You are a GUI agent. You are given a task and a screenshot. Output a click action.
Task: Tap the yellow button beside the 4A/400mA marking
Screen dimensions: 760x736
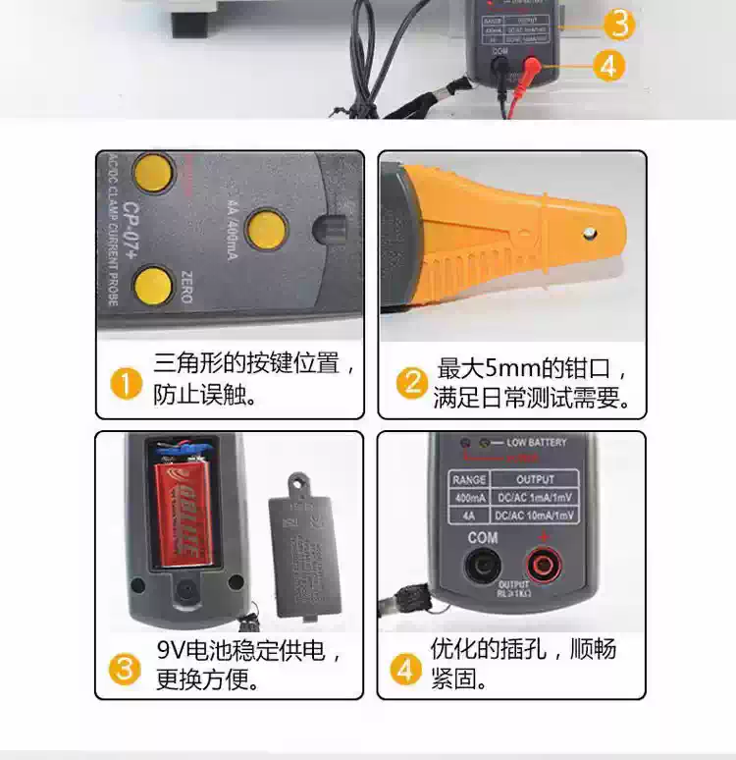[x=266, y=228]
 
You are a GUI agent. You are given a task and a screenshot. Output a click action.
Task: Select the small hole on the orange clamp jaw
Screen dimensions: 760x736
[x=589, y=233]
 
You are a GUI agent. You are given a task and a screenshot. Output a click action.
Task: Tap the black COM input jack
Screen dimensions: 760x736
[x=482, y=564]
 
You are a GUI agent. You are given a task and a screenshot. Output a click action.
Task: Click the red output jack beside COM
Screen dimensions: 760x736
[x=541, y=564]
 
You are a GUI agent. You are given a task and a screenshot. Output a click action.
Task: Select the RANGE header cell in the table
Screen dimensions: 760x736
[x=468, y=479]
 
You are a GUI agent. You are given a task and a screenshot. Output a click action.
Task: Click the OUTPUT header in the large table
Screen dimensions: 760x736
[x=534, y=479]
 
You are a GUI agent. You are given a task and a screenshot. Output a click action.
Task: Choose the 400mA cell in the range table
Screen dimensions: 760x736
[x=468, y=498]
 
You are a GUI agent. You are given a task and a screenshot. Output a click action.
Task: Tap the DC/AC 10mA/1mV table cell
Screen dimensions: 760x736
[x=534, y=516]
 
